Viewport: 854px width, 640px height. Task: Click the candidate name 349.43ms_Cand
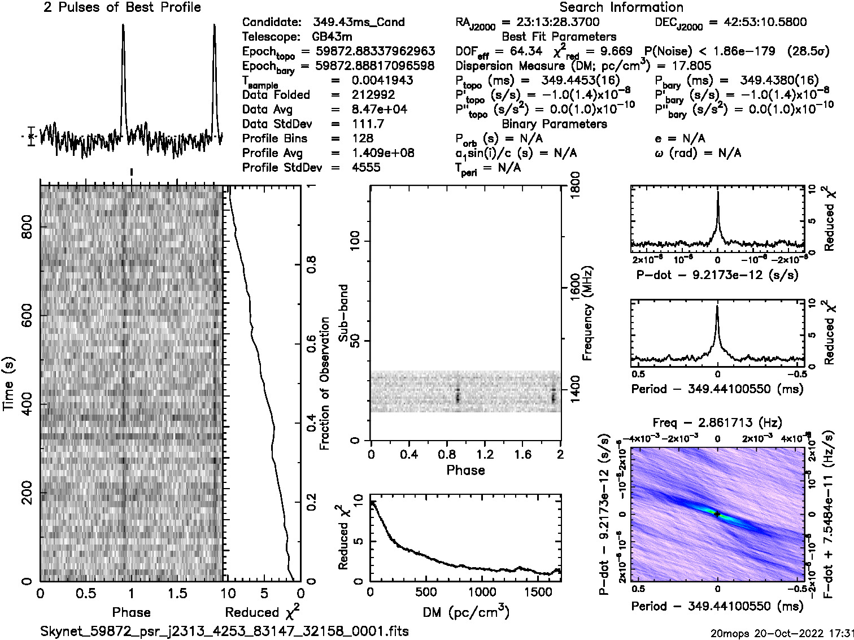coord(358,23)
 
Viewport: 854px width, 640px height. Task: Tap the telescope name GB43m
coord(332,37)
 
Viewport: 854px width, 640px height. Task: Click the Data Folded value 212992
coord(373,95)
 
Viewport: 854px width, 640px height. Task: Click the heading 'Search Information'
coord(621,8)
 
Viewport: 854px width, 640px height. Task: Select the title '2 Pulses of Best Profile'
coord(122,8)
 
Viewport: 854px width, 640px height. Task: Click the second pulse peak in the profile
coord(215,26)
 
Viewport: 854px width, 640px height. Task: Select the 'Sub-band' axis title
coord(343,314)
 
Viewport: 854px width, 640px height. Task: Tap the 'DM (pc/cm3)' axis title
coord(465,611)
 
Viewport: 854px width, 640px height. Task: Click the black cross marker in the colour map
coord(717,514)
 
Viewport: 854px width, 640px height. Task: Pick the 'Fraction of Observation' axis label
coord(325,383)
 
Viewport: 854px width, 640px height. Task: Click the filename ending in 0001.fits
coord(225,631)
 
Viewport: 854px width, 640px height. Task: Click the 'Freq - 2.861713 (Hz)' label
coord(717,423)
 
